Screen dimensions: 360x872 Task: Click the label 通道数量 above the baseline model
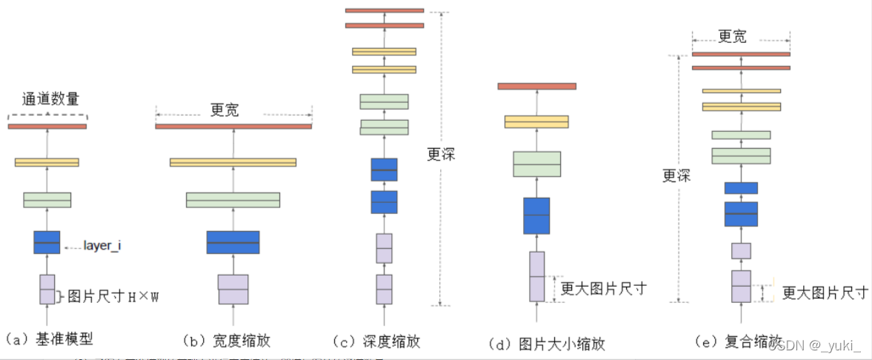(x=50, y=98)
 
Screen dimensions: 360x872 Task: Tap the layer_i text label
(x=101, y=244)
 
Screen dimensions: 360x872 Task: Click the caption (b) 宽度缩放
(x=227, y=341)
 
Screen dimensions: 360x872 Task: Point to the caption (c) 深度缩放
(x=378, y=341)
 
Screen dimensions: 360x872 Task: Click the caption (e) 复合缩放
(x=738, y=341)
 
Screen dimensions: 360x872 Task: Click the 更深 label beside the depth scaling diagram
(x=442, y=154)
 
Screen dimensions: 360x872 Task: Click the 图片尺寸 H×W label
(x=113, y=297)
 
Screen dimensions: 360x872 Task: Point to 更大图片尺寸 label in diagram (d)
(x=603, y=288)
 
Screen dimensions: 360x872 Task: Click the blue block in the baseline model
(x=47, y=242)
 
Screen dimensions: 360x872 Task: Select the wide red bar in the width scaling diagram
(x=233, y=127)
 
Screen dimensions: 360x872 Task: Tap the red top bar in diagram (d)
(x=537, y=86)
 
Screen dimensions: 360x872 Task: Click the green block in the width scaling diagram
(x=233, y=200)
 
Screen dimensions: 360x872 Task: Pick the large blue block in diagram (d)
(x=536, y=216)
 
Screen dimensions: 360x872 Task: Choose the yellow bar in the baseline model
(x=47, y=162)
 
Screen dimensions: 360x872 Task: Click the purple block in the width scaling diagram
(x=233, y=290)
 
